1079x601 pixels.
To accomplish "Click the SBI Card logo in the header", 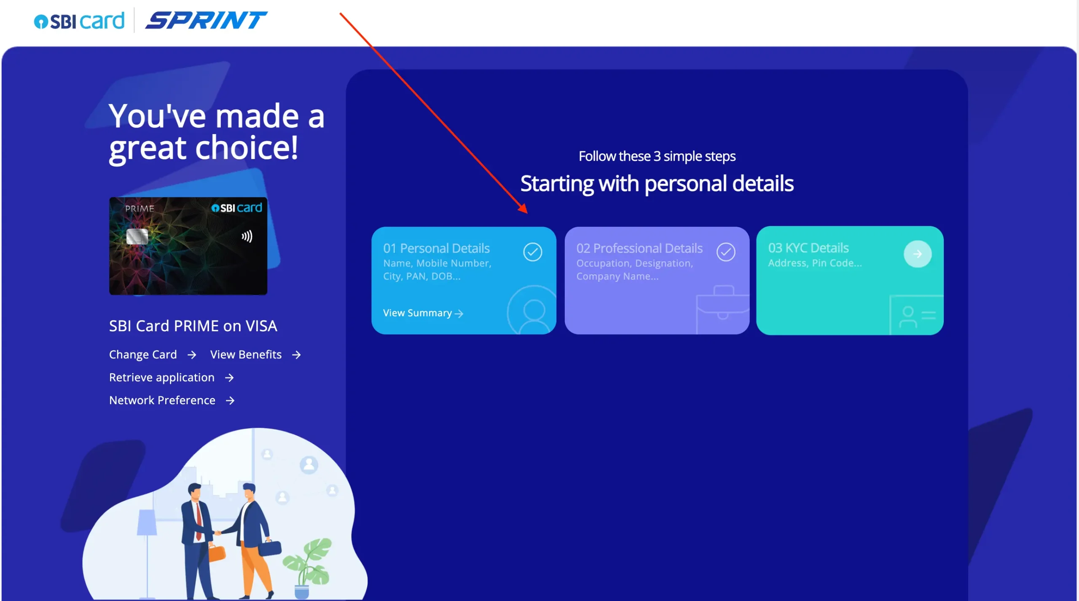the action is [x=79, y=21].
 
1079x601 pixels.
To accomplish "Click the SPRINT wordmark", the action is [x=206, y=21].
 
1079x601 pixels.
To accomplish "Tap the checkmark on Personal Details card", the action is [x=533, y=252].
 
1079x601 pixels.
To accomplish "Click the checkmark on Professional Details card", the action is [x=726, y=252].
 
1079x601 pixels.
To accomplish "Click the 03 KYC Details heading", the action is [x=808, y=248].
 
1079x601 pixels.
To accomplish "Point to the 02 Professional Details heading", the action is [x=639, y=248].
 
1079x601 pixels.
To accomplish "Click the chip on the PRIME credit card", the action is [x=137, y=236].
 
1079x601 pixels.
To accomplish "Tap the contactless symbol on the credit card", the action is [x=247, y=236].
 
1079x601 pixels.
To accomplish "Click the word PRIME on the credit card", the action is [x=140, y=209].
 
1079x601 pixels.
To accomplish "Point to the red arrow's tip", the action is [x=527, y=213].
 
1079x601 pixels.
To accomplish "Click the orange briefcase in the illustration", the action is [x=217, y=553].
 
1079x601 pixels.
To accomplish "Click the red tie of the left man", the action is [x=198, y=521].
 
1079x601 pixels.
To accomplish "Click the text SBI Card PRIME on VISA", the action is [x=193, y=326].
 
